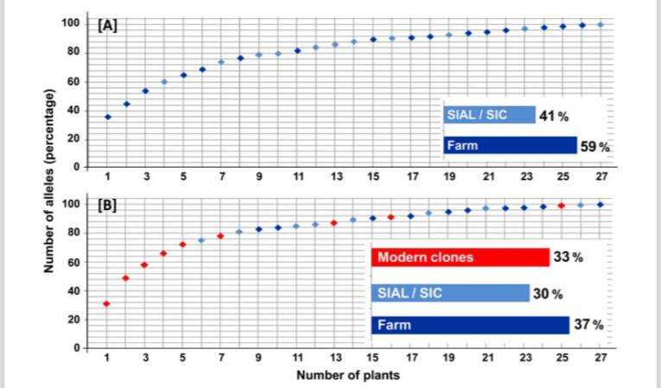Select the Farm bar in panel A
(x=510, y=146)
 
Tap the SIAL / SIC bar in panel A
(x=489, y=115)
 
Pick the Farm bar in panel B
(x=470, y=325)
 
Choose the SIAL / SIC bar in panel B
(x=450, y=293)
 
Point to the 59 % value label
(x=594, y=147)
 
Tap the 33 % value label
(x=568, y=258)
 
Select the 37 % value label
(x=588, y=325)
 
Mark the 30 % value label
(x=548, y=294)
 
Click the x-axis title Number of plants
(x=336, y=376)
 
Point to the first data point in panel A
(x=108, y=117)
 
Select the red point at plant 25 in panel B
(x=562, y=206)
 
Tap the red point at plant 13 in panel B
(x=334, y=223)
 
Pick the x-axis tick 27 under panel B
(x=601, y=356)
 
